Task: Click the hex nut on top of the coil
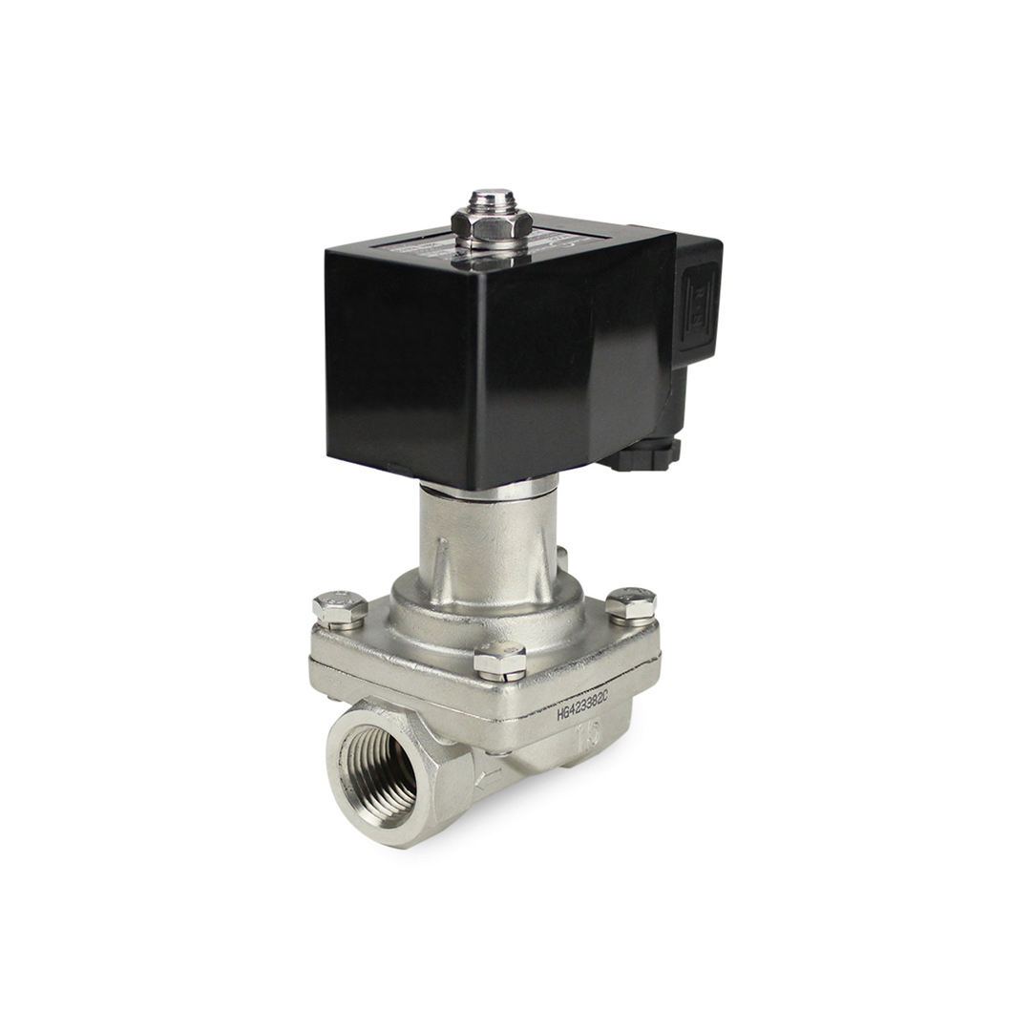point(491,224)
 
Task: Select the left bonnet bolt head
point(340,608)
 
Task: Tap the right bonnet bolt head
point(631,603)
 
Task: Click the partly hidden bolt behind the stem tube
point(562,558)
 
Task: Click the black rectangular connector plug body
point(697,305)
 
